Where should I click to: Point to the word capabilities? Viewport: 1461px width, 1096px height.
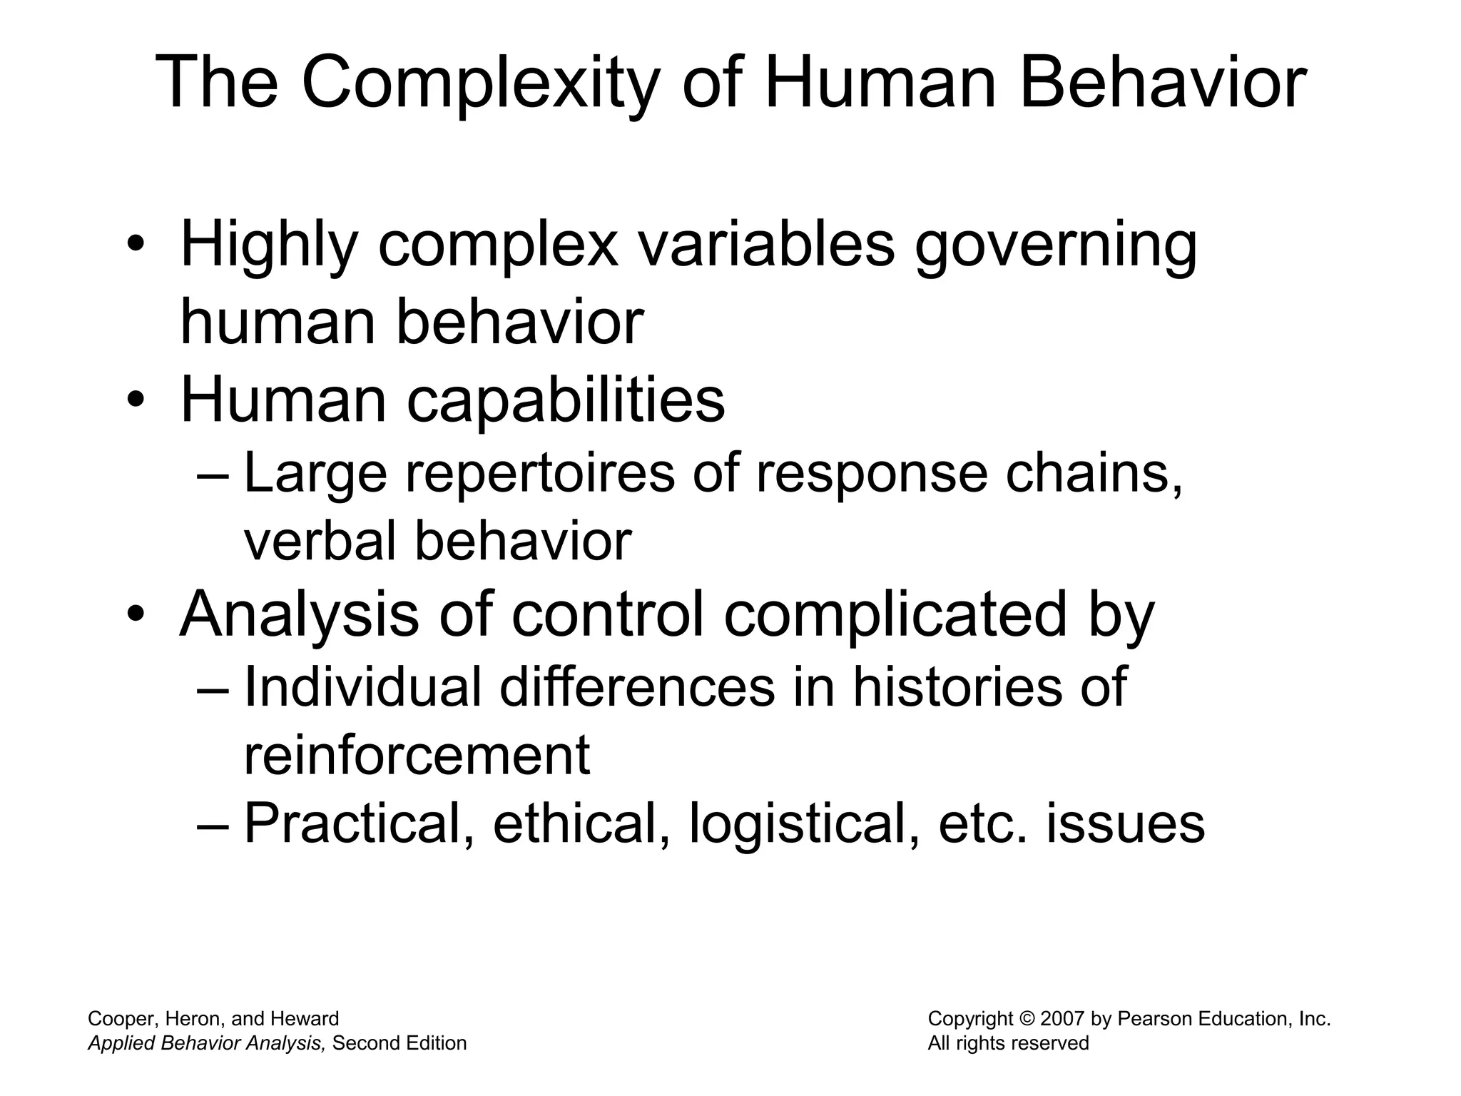(x=566, y=400)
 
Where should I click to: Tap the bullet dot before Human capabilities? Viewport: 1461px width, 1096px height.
(x=136, y=401)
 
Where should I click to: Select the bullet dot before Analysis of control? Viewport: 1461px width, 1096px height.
(x=136, y=614)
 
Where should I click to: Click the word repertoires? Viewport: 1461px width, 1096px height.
(x=540, y=474)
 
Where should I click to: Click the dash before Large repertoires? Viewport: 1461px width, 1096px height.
(x=213, y=475)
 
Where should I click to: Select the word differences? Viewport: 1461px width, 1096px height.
(x=637, y=687)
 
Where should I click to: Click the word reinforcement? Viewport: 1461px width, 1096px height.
(x=417, y=755)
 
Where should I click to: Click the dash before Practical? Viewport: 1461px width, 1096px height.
(x=213, y=826)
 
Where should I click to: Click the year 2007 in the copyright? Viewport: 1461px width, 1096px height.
(x=1062, y=1019)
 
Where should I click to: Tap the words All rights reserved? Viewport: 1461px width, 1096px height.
(x=1007, y=1043)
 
